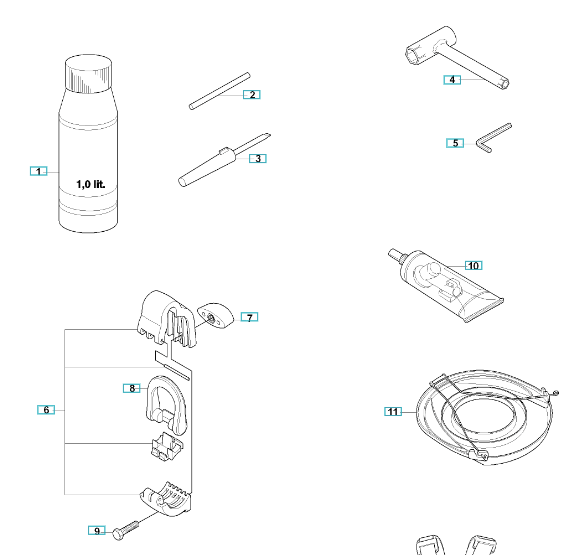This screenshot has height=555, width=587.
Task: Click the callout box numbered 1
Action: (x=39, y=171)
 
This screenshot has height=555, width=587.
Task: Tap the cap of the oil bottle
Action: (x=88, y=73)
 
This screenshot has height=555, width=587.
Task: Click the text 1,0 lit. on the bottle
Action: (x=91, y=184)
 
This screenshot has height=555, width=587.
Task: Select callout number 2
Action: (x=252, y=95)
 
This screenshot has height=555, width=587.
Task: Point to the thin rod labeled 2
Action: (x=220, y=91)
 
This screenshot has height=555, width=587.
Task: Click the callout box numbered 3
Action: (x=258, y=158)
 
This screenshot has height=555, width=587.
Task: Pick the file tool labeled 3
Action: (x=225, y=160)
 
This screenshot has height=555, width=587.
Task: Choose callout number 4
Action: (x=452, y=80)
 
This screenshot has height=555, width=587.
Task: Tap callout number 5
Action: (x=455, y=143)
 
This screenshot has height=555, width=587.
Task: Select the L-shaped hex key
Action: (x=494, y=138)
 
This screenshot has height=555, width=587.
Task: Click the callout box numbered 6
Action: (x=46, y=410)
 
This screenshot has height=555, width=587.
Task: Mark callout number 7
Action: (x=249, y=317)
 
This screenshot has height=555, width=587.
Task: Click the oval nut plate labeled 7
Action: (x=215, y=316)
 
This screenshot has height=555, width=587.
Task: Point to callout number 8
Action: (x=132, y=388)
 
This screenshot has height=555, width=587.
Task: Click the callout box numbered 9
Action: (x=97, y=531)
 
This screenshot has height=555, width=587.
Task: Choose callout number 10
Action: (x=474, y=265)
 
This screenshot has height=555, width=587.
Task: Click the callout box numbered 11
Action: (x=393, y=412)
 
